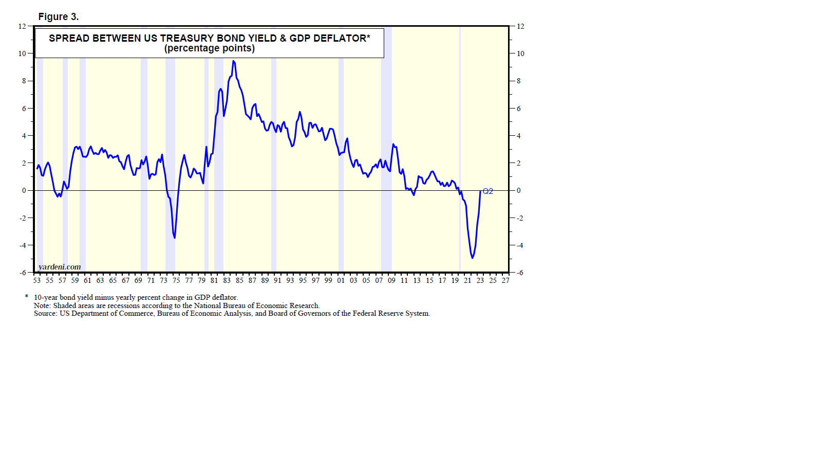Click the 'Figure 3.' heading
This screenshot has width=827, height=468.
click(59, 17)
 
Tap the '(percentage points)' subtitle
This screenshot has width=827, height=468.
click(210, 48)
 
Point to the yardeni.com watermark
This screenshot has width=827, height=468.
click(60, 267)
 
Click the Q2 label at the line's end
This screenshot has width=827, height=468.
click(488, 191)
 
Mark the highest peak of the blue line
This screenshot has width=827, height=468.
click(233, 61)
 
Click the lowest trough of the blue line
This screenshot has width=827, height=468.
click(472, 258)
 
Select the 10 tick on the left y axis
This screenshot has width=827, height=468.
click(22, 53)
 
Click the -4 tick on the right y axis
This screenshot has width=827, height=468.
click(520, 245)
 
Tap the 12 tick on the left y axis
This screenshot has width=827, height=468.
click(22, 26)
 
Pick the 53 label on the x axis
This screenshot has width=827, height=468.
click(37, 280)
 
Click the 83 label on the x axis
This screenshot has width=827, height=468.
click(227, 280)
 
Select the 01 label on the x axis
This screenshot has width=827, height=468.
click(341, 280)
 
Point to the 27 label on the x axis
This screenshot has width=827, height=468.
click(505, 280)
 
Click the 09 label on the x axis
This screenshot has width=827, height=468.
click(391, 280)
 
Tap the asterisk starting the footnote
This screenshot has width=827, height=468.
click(27, 297)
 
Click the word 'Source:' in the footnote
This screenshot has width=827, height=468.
click(46, 313)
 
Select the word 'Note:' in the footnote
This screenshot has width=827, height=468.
click(43, 305)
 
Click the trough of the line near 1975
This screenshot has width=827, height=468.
click(175, 238)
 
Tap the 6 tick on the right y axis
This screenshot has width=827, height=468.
click(519, 109)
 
